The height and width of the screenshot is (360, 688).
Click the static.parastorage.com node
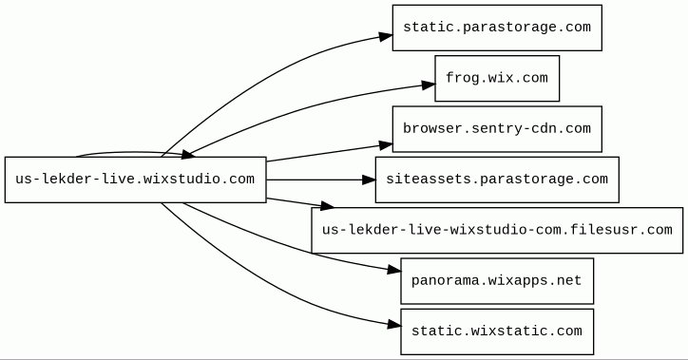[497, 28]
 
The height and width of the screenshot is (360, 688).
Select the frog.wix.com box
[497, 78]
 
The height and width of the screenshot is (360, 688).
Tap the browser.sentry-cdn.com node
[497, 129]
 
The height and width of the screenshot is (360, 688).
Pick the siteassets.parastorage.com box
[497, 180]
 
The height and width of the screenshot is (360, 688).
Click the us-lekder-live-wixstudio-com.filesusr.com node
[497, 230]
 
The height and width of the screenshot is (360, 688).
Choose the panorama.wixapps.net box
[497, 280]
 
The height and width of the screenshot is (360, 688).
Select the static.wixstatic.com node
[497, 332]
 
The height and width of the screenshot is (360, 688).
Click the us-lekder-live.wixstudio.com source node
[136, 180]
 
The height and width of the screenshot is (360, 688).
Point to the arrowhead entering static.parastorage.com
[386, 36]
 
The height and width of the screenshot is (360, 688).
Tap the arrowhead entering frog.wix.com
[429, 85]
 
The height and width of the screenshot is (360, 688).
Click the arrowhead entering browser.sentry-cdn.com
[386, 145]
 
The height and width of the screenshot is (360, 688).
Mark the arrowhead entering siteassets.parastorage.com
[369, 180]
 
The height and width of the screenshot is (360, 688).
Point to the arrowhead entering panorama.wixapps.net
[394, 271]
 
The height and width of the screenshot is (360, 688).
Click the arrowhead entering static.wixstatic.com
[394, 325]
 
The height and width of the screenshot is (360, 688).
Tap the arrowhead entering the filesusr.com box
[327, 206]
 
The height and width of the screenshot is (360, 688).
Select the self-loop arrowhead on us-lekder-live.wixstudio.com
[188, 154]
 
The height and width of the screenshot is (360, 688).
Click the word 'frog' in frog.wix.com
[462, 78]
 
